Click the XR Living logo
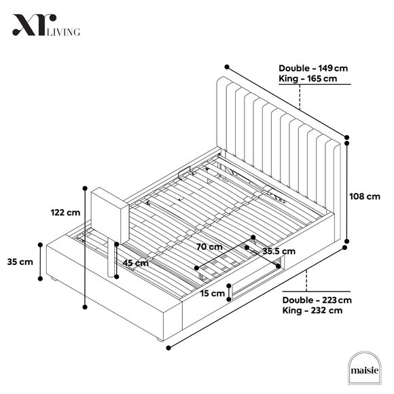46,25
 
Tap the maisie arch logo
364,368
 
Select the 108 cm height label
365,196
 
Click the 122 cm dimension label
65,213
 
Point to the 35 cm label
20,262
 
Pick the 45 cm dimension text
135,263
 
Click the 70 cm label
209,247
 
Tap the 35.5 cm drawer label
279,251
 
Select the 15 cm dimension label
213,293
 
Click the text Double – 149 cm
313,69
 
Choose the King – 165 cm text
308,79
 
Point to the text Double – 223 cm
317,300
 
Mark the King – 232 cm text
312,310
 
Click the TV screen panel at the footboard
110,215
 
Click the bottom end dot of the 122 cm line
85,307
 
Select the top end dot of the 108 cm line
347,143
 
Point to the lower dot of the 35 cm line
40,279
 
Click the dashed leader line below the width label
300,97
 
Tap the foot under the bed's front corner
160,340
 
